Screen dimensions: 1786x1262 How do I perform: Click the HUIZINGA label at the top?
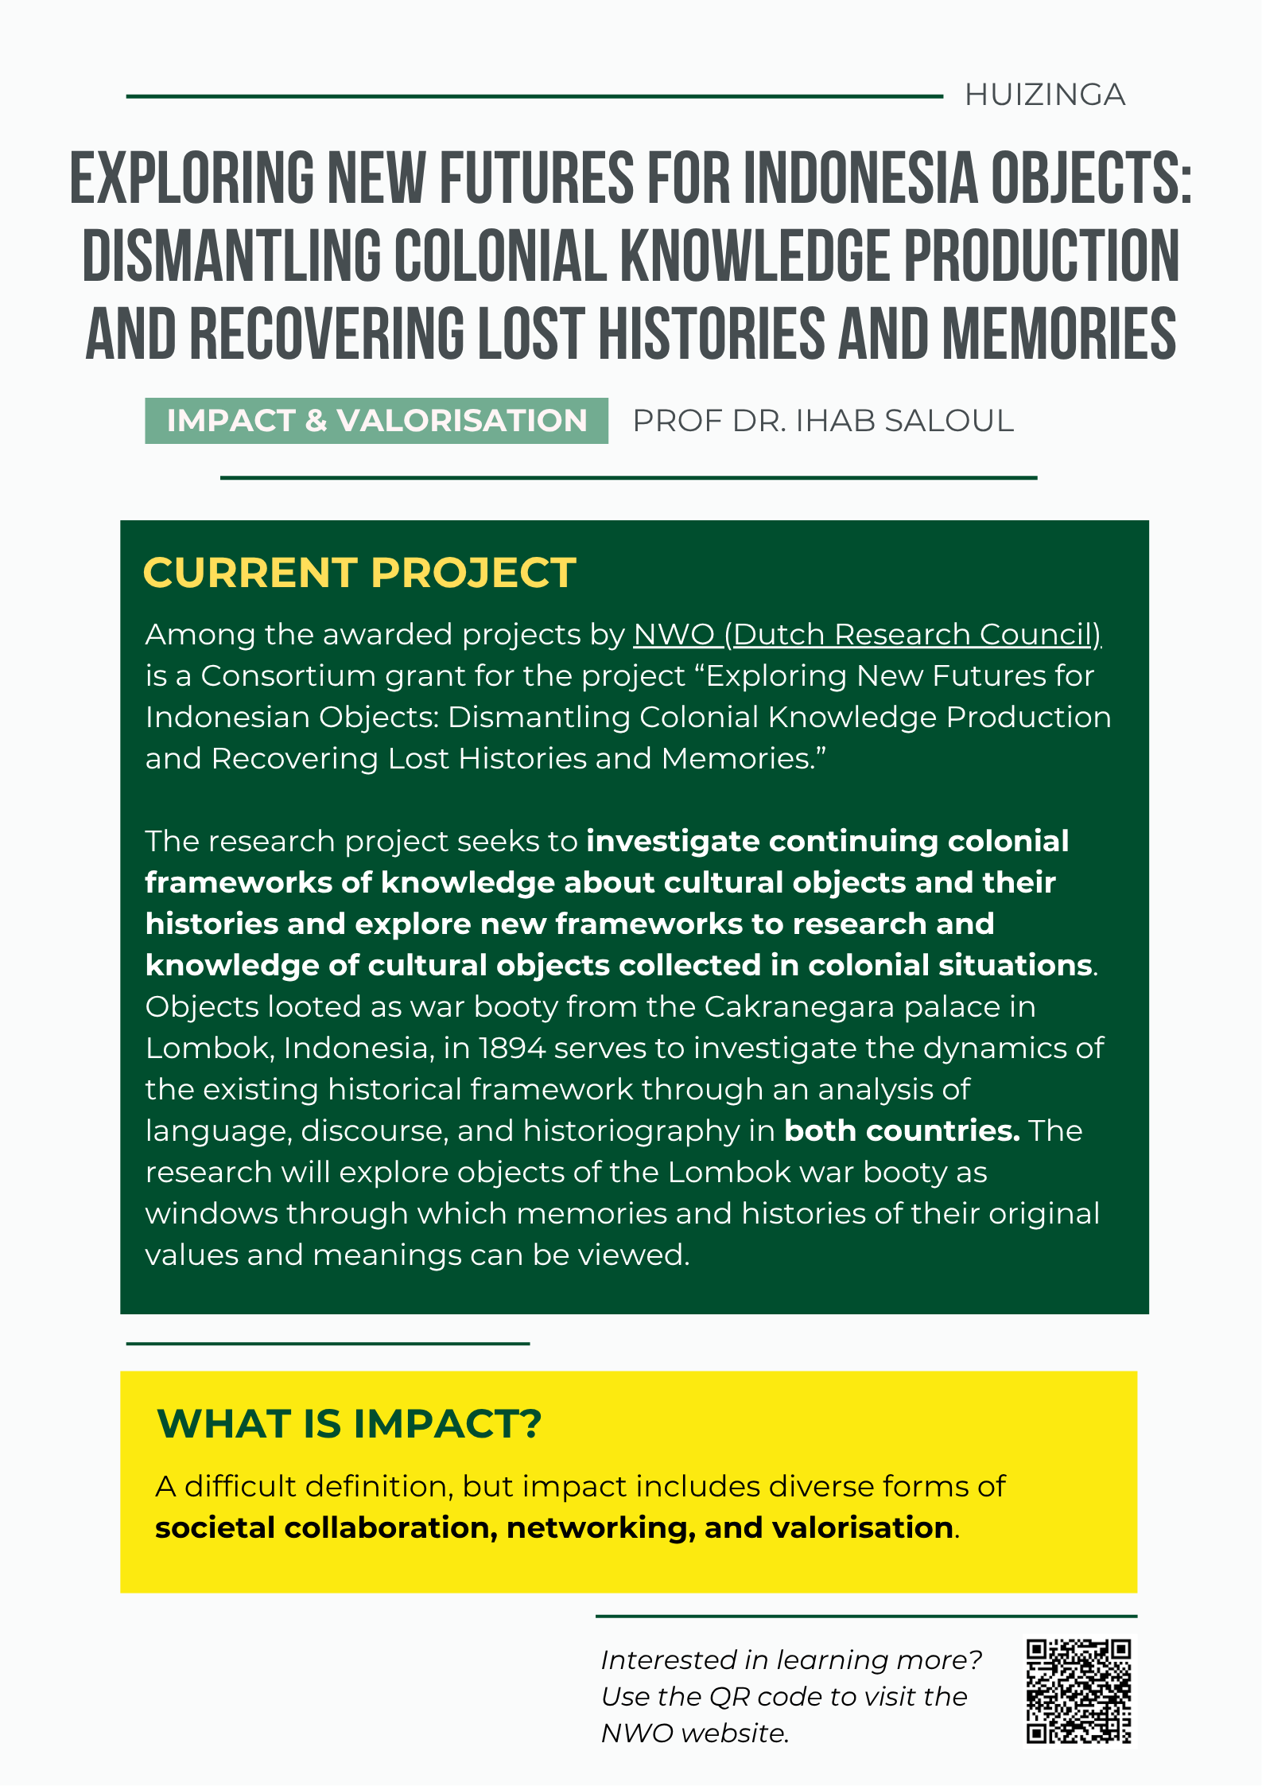pos(1044,95)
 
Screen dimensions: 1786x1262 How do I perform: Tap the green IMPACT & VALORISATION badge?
pos(376,421)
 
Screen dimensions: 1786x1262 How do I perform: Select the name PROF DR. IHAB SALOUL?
pos(822,421)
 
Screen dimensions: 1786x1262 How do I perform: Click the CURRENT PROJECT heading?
pos(359,573)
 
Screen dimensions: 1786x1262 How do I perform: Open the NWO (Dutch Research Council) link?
pos(867,635)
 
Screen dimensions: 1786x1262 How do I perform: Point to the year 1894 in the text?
pos(511,1049)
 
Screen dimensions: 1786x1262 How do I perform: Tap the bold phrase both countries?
pos(902,1131)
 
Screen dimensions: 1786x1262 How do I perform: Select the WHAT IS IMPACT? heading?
pos(349,1424)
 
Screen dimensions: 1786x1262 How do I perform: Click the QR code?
pos(1078,1691)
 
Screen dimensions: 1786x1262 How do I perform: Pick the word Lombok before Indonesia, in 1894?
pos(208,1049)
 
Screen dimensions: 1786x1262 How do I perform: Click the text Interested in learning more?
pos(791,1660)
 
